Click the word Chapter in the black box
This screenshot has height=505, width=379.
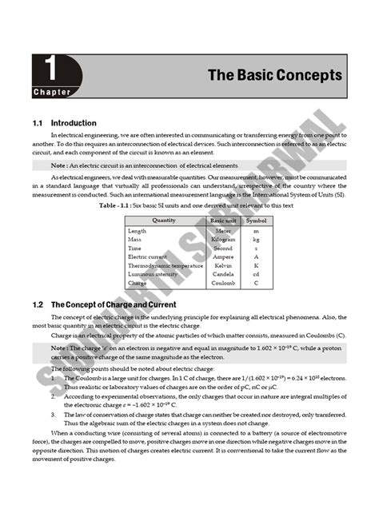(51, 92)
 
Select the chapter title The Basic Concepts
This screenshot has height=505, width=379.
(274, 75)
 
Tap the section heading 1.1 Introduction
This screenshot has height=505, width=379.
(65, 124)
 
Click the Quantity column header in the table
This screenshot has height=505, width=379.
(164, 220)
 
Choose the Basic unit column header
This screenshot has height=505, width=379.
(223, 220)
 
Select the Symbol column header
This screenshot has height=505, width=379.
(256, 220)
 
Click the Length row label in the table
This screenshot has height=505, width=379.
(137, 230)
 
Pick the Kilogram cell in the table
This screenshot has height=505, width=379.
(223, 239)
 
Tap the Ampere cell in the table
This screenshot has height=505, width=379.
(223, 256)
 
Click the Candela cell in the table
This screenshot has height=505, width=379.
(223, 274)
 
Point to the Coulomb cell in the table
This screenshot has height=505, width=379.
(223, 283)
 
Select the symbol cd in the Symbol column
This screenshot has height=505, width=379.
(256, 274)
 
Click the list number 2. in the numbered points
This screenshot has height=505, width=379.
(53, 395)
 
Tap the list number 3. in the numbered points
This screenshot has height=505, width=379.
(53, 415)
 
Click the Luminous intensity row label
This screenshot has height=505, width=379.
(152, 274)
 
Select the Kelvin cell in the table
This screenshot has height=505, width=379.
(223, 265)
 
